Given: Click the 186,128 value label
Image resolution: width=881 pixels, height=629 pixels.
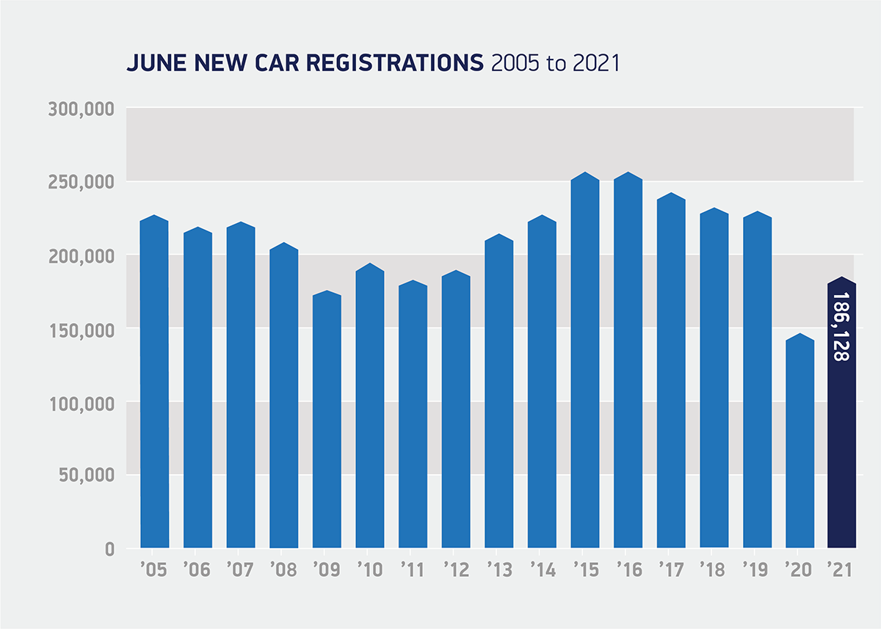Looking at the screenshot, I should pos(841,327).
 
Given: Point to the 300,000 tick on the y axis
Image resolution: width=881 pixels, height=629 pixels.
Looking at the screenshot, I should pos(81,109).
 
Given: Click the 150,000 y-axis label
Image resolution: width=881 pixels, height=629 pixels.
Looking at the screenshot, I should pos(81,330).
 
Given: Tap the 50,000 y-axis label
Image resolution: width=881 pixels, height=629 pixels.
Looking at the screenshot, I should pos(87,476).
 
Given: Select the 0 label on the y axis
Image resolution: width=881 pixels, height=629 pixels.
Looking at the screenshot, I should pos(109,549).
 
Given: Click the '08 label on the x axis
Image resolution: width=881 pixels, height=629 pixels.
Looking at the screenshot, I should pos(283,570).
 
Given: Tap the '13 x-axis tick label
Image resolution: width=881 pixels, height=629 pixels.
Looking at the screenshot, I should pos(499,570).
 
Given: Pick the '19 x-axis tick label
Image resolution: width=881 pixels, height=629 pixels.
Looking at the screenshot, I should pos(757,570).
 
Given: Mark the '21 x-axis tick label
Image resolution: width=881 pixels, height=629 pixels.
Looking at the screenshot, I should pos(842,570).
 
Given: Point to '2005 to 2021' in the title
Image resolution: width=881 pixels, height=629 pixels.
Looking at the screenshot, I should pos(555,63).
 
